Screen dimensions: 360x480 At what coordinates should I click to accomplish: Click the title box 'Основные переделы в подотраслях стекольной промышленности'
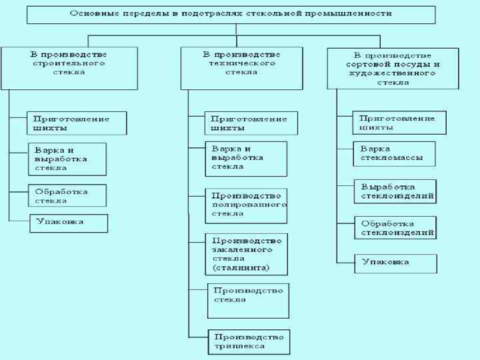pyautogui.click(x=231, y=14)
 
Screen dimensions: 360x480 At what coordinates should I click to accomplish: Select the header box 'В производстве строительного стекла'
pyautogui.click(x=69, y=67)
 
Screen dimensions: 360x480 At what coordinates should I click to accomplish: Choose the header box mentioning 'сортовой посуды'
pyautogui.click(x=393, y=69)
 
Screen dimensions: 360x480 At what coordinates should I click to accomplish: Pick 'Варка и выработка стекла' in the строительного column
pyautogui.click(x=67, y=159)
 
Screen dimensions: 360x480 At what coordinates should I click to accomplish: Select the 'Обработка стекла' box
pyautogui.click(x=67, y=195)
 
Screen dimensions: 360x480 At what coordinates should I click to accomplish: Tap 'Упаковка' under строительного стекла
pyautogui.click(x=68, y=223)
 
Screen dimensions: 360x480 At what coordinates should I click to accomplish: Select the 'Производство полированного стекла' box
pyautogui.click(x=246, y=205)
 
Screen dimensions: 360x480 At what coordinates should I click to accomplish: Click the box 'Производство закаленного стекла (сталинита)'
pyautogui.click(x=246, y=254)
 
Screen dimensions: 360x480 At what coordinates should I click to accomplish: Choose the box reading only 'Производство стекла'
pyautogui.click(x=249, y=301)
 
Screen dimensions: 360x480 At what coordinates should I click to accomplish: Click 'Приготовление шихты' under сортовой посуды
pyautogui.click(x=399, y=123)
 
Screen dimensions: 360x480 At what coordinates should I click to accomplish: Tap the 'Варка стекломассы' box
pyautogui.click(x=395, y=153)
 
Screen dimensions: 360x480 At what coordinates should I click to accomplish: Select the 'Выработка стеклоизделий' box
pyautogui.click(x=395, y=191)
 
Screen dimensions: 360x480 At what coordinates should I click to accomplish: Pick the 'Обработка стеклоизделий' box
pyautogui.click(x=395, y=228)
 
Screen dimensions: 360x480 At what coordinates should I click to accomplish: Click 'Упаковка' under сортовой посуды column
pyautogui.click(x=395, y=263)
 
